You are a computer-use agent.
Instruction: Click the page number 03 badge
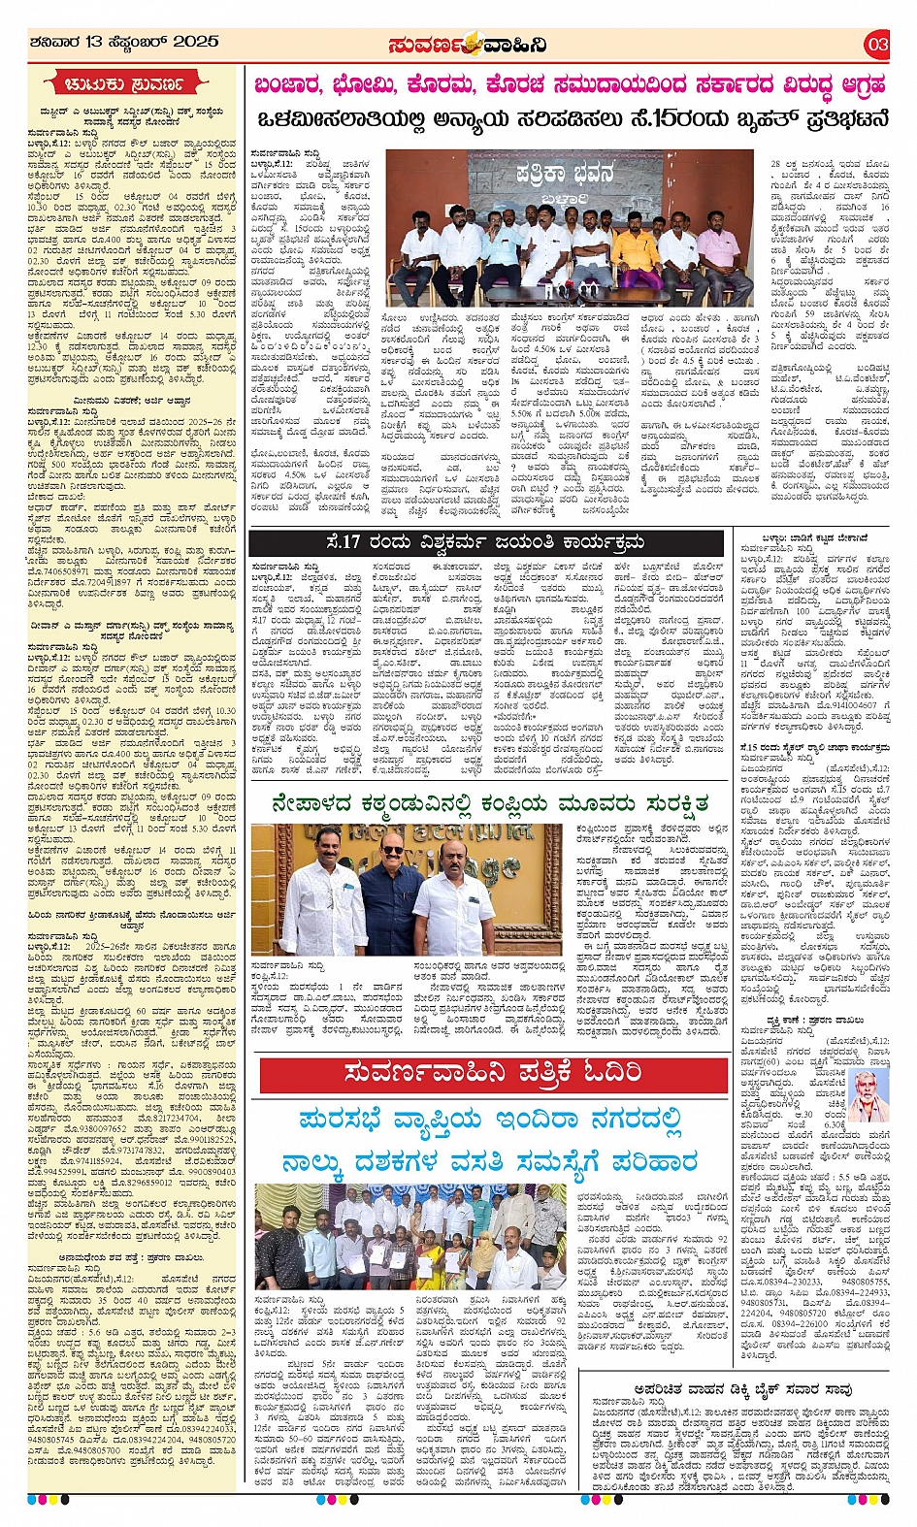pos(876,44)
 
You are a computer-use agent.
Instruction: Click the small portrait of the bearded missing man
pos(870,1097)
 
